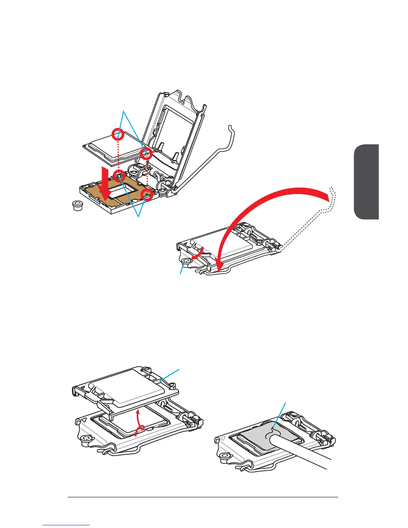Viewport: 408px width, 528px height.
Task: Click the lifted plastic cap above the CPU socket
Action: (127, 387)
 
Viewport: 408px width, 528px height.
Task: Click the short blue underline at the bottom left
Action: (66, 525)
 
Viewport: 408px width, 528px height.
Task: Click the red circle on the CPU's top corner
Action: (118, 134)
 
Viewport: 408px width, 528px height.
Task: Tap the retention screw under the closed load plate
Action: (186, 261)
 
